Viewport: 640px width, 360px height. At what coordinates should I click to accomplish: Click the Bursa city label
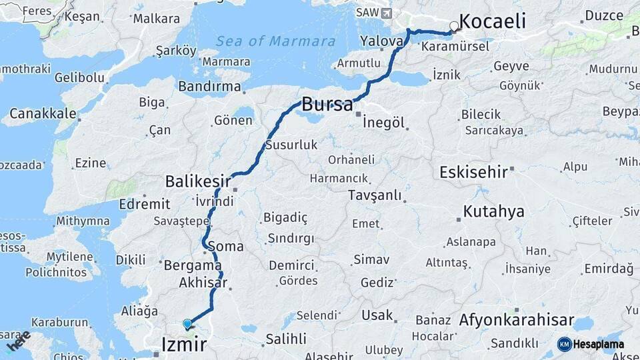tap(327, 105)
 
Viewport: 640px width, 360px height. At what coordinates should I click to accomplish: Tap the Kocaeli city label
tap(493, 21)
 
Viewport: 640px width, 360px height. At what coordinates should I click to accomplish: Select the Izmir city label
tap(184, 344)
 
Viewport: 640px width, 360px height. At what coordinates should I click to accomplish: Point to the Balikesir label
tap(198, 181)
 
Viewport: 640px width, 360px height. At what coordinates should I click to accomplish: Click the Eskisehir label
tap(473, 173)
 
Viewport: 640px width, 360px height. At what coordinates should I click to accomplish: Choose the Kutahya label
tap(493, 212)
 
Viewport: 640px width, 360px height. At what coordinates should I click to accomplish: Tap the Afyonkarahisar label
tap(517, 320)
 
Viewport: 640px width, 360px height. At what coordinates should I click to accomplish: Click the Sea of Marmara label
tap(275, 41)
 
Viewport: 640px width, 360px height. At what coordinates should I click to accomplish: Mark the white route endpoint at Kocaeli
tap(455, 27)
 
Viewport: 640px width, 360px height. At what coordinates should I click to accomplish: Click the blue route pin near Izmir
tap(187, 325)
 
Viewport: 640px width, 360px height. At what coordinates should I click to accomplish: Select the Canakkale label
tap(43, 113)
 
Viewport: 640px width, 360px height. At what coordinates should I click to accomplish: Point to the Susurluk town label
tap(291, 145)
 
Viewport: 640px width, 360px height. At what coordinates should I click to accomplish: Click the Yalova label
tap(381, 41)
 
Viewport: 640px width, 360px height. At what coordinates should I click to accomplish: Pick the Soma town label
tap(226, 247)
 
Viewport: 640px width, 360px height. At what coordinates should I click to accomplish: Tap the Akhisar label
tap(203, 283)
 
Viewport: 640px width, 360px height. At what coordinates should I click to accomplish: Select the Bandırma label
tap(209, 87)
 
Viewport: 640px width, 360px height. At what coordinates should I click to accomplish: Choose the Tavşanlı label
tap(375, 195)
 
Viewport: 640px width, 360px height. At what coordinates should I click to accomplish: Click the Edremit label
tap(145, 204)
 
